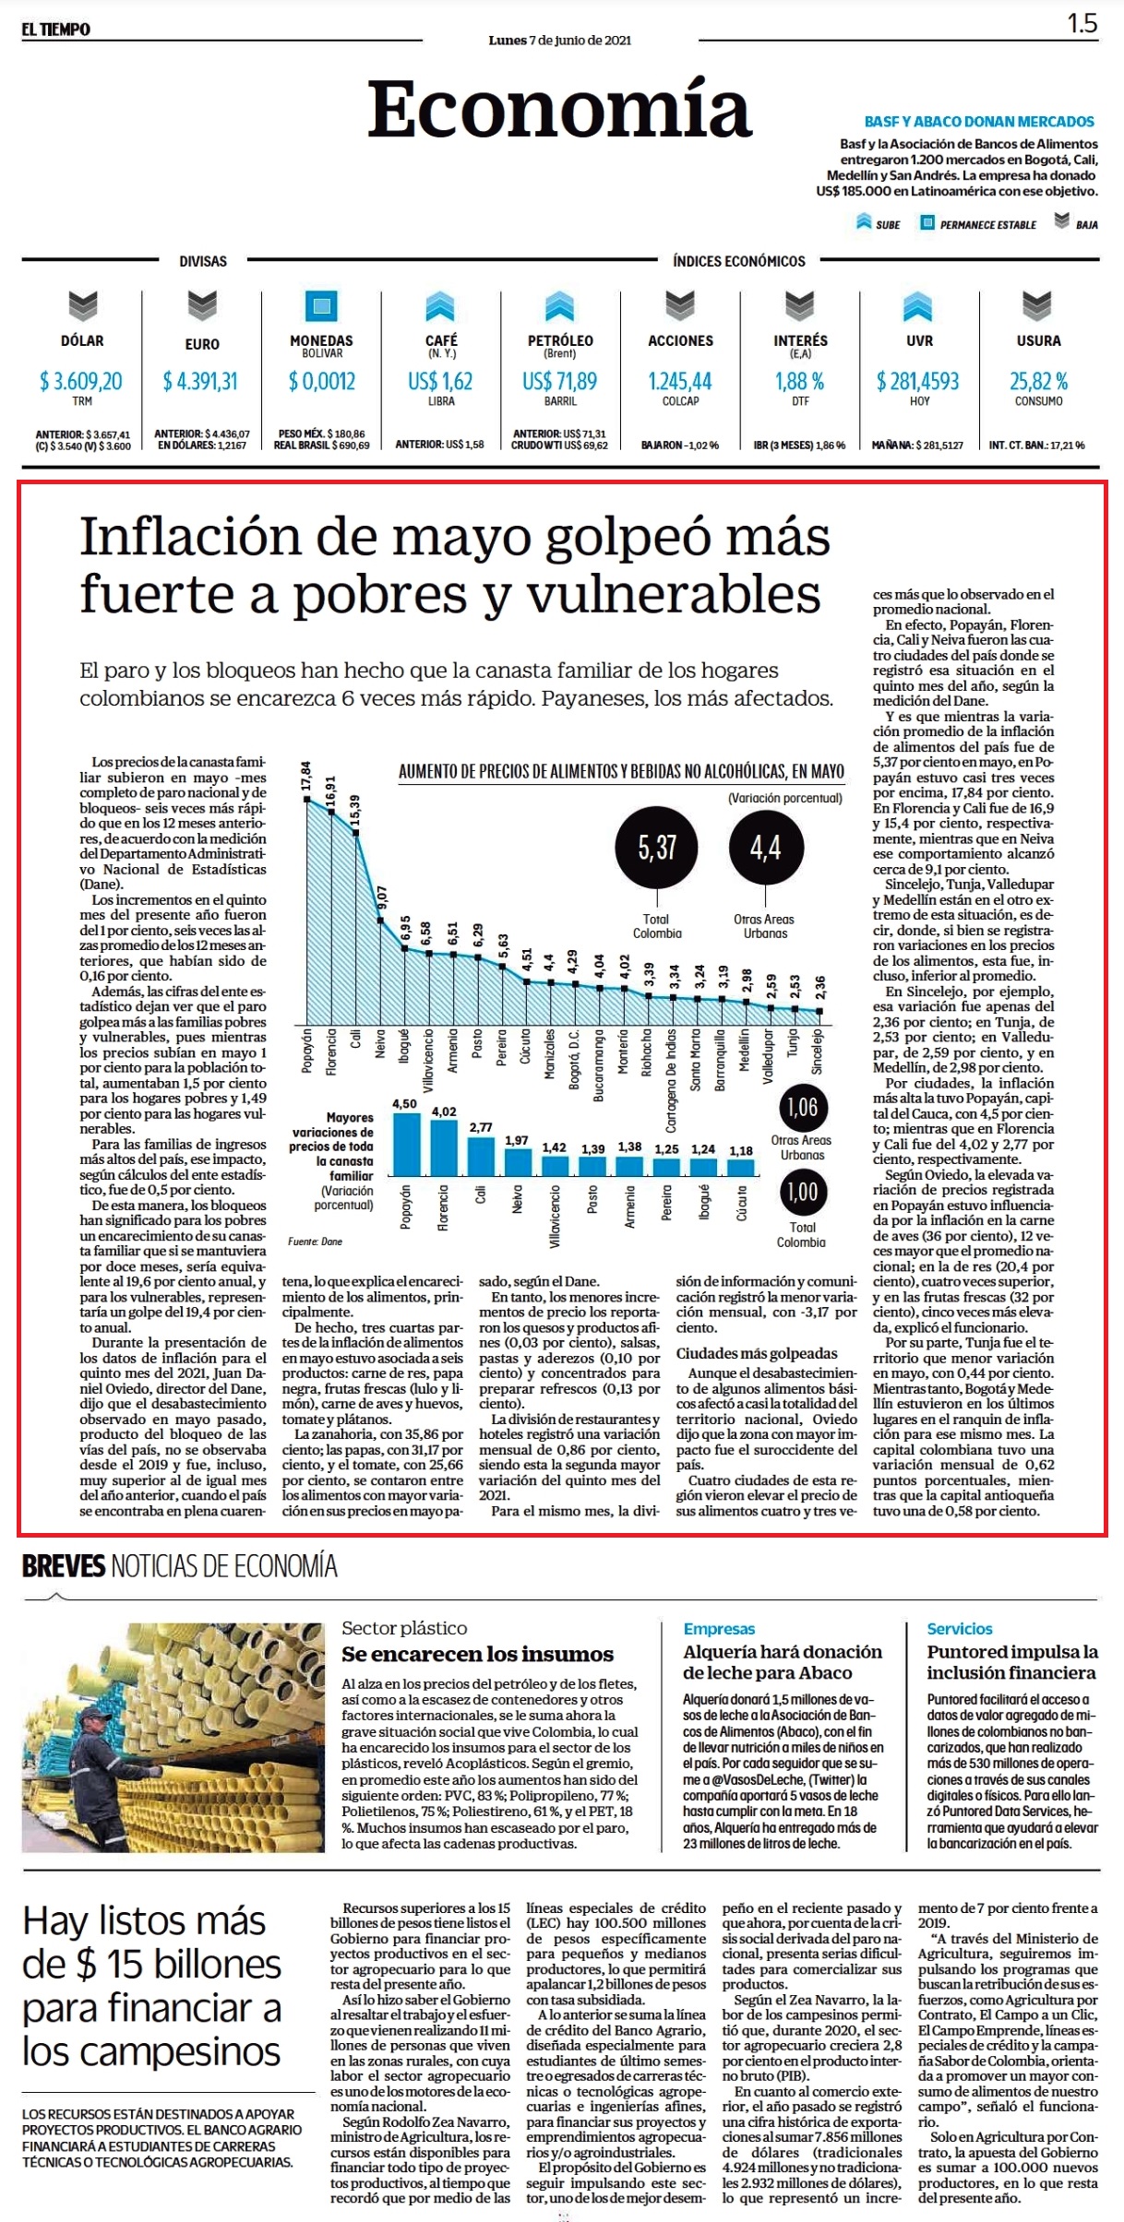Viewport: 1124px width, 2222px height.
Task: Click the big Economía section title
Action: (560, 110)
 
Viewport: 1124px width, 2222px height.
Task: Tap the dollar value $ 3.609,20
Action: (81, 381)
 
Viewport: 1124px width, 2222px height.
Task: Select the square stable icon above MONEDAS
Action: (321, 306)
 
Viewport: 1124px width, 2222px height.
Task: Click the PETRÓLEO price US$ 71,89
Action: (559, 381)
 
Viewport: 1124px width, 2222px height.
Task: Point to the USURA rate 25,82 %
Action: (1038, 381)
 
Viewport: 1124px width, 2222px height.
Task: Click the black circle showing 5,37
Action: (657, 847)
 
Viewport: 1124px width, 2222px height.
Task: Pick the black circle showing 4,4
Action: (765, 847)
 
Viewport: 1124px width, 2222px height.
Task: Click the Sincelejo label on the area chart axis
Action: (818, 1052)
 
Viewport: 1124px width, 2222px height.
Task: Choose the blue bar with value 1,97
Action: (517, 1162)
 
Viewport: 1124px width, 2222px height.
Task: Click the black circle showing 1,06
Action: (802, 1107)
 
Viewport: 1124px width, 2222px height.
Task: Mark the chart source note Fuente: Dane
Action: (315, 1242)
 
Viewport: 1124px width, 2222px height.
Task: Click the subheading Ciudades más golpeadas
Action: (757, 1353)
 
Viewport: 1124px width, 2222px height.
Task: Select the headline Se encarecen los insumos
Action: (477, 1654)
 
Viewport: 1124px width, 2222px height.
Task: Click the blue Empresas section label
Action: (719, 1629)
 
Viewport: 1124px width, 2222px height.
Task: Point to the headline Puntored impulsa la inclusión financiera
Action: (1012, 1662)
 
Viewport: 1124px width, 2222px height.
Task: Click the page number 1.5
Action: (1082, 24)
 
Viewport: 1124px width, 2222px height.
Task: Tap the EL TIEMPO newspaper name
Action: (56, 30)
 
